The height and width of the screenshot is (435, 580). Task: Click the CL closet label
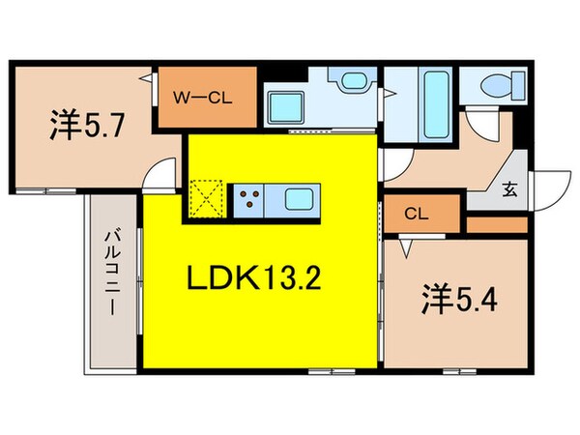(x=417, y=214)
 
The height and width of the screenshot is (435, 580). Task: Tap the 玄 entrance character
(x=509, y=190)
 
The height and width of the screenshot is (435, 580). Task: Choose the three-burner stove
(x=248, y=201)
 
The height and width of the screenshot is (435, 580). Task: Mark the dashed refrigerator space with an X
(x=207, y=201)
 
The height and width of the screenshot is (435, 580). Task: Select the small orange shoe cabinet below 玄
(x=496, y=224)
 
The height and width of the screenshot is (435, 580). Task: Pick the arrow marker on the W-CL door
(x=146, y=76)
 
